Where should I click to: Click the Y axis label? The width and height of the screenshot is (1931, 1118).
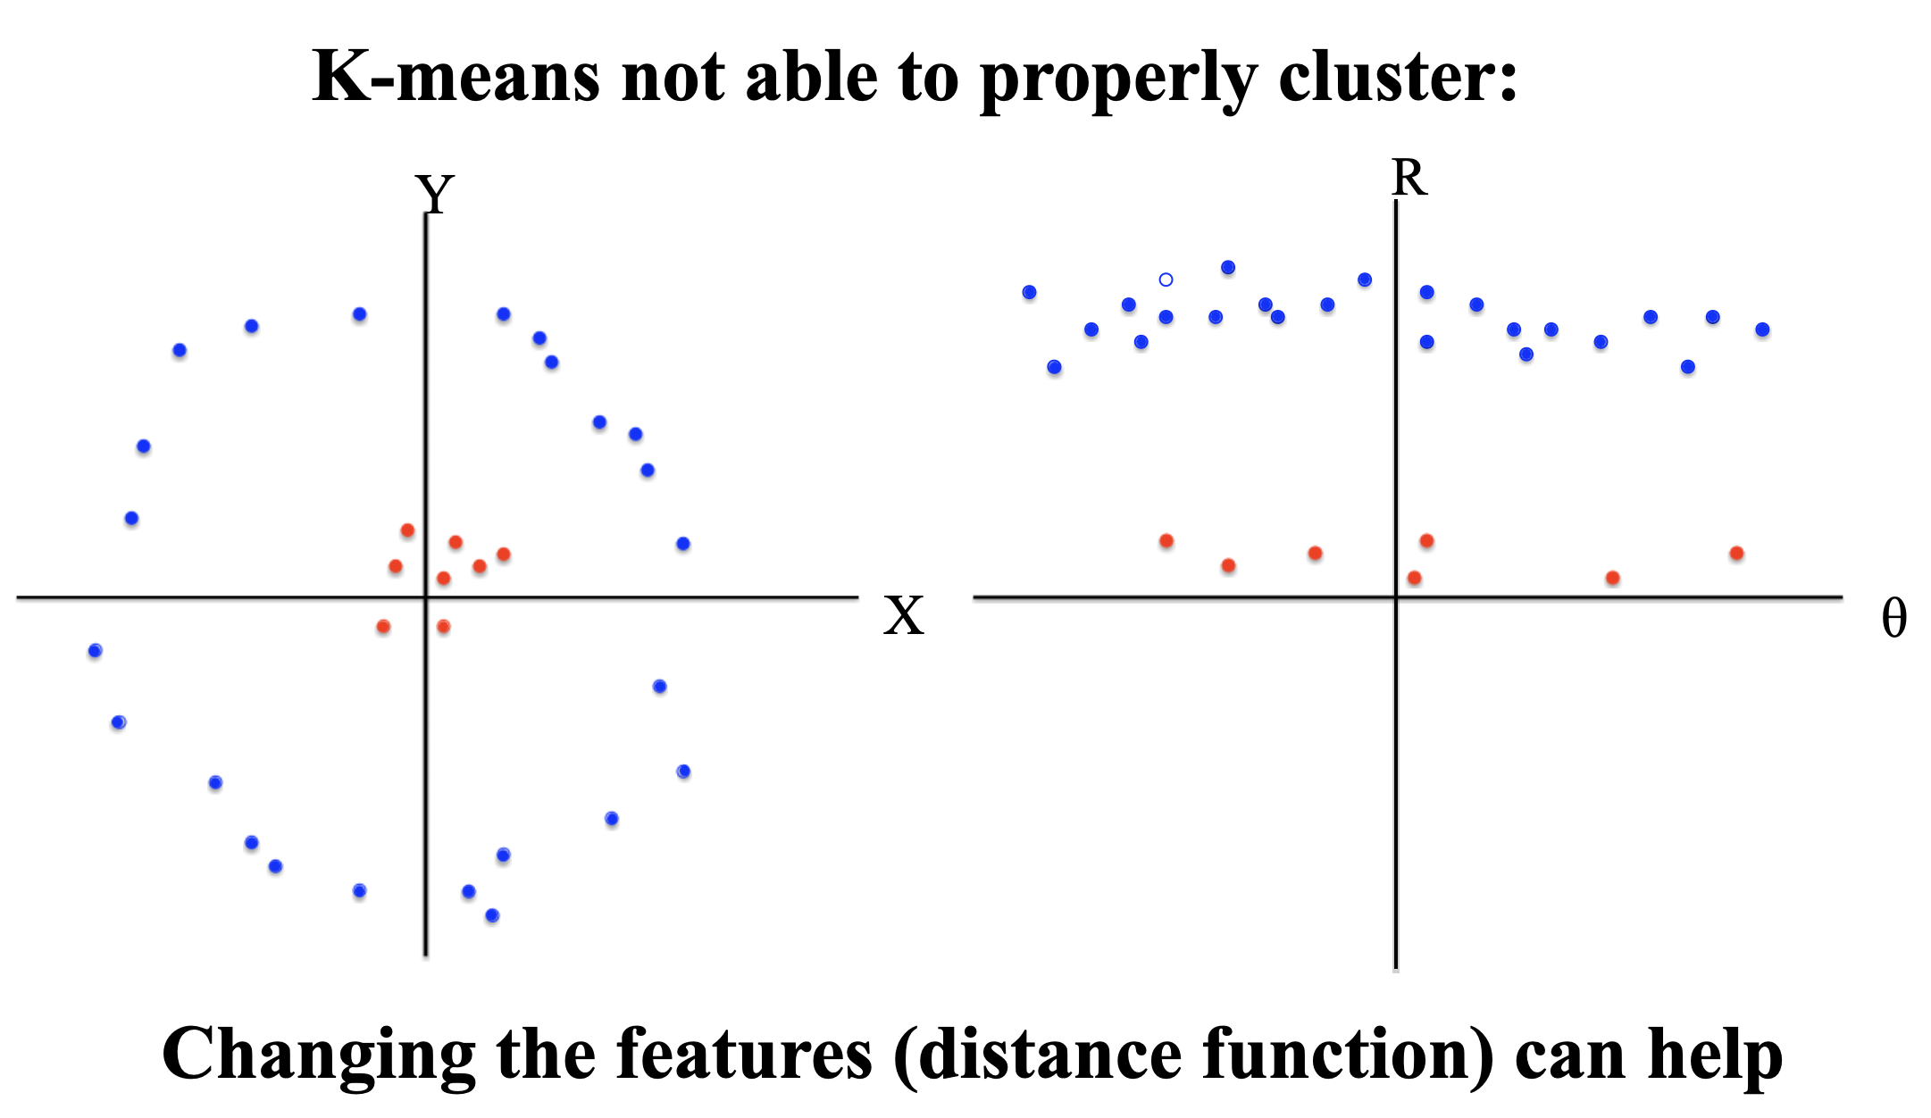[x=435, y=194]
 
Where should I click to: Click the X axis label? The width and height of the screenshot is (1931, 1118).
[x=904, y=616]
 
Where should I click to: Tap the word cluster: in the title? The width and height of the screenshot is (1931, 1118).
[x=1399, y=77]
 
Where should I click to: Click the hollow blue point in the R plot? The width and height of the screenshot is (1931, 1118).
[x=1166, y=279]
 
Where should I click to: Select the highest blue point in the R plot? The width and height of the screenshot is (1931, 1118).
[x=1228, y=267]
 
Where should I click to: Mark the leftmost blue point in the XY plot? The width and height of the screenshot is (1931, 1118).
[x=96, y=650]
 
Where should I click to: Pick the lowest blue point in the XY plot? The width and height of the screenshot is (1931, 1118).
[x=492, y=915]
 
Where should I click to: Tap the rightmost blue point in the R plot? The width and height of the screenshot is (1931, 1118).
[x=1762, y=330]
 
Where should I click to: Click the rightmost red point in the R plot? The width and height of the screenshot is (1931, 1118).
[x=1736, y=553]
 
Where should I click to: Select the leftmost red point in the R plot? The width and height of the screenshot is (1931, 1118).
[x=1166, y=540]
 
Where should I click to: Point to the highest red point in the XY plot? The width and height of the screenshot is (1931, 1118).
[x=407, y=530]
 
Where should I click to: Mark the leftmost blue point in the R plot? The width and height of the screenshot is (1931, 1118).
[x=1029, y=292]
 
